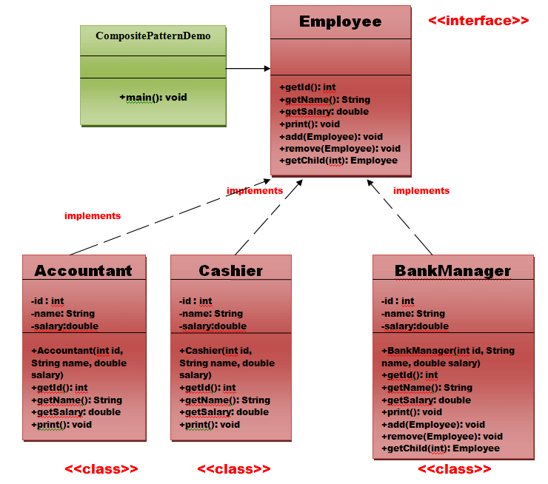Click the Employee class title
pyautogui.click(x=340, y=21)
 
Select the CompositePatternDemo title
pyautogui.click(x=153, y=36)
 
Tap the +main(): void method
pyautogui.click(x=153, y=97)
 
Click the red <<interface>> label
pyautogui.click(x=478, y=21)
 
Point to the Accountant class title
pyautogui.click(x=83, y=271)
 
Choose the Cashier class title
pyautogui.click(x=230, y=271)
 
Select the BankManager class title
pyautogui.click(x=452, y=271)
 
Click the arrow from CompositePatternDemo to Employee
pyautogui.click(x=248, y=69)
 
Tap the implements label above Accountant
pyautogui.click(x=93, y=216)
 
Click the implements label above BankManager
pyautogui.click(x=421, y=191)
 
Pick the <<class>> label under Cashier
pyautogui.click(x=234, y=469)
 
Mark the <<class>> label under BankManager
pyautogui.click(x=454, y=469)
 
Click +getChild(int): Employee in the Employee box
pyautogui.click(x=338, y=161)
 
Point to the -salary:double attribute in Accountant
pyautogui.click(x=64, y=326)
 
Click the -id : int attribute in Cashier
pyautogui.click(x=196, y=301)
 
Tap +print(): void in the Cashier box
pyautogui.click(x=210, y=424)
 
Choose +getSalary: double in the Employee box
pyautogui.click(x=324, y=112)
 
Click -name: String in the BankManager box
pyautogui.click(x=413, y=314)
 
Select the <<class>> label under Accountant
pyautogui.click(x=101, y=469)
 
